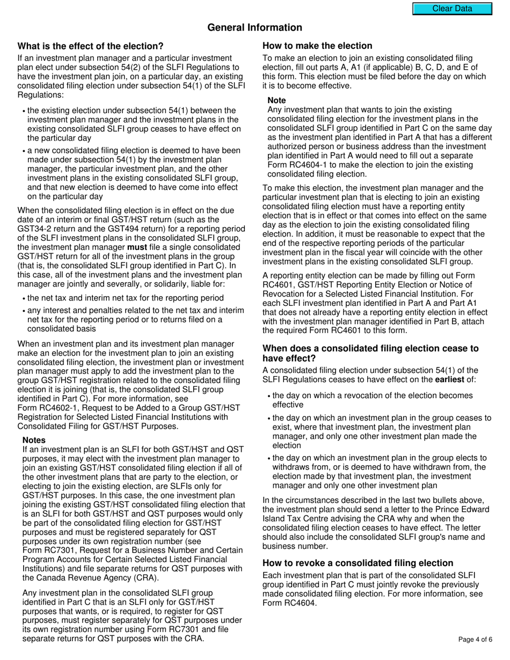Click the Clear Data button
(452, 9)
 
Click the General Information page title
(254, 27)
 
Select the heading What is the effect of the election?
(90, 46)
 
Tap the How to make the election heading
(317, 46)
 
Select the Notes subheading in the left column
(34, 440)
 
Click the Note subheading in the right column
(276, 100)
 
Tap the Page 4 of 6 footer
(475, 639)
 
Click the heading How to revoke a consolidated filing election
(358, 563)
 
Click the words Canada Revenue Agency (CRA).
(105, 578)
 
